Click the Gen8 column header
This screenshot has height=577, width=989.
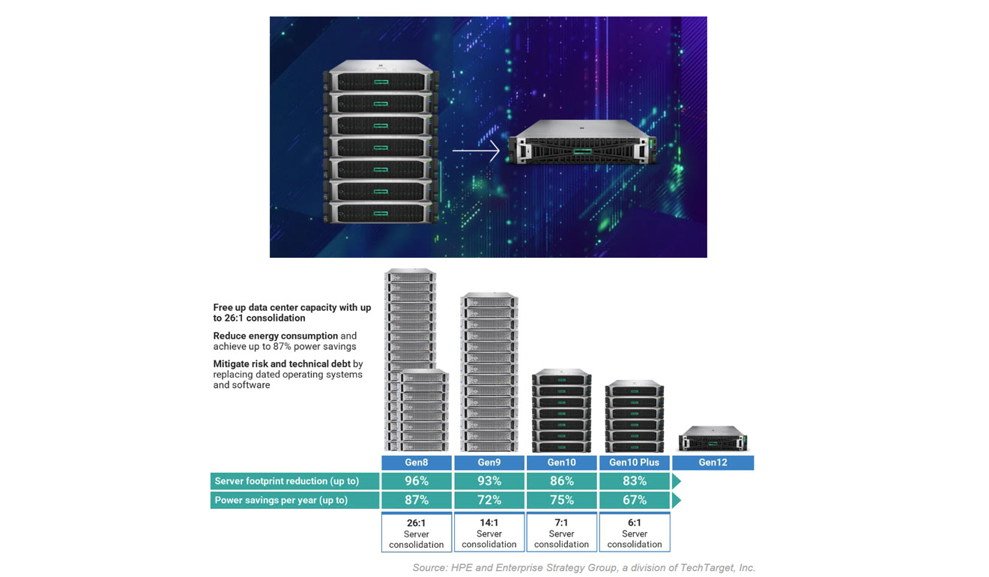[x=417, y=462]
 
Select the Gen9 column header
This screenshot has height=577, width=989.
[x=489, y=462]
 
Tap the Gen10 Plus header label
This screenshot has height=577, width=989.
[x=635, y=462]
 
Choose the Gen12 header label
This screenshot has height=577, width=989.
[x=713, y=462]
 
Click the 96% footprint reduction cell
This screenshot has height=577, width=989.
[x=417, y=481]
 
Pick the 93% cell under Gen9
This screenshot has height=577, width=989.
[x=489, y=481]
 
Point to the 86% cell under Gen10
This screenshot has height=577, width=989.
[x=562, y=481]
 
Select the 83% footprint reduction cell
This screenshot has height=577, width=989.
[x=635, y=481]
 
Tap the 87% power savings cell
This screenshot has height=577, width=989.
[x=417, y=500]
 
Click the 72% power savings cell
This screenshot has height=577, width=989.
[x=489, y=500]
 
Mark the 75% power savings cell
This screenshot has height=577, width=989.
[x=562, y=500]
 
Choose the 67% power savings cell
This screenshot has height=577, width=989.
[x=635, y=500]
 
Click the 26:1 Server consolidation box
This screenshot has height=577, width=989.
[x=417, y=533]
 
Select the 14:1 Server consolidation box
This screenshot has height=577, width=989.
[x=489, y=533]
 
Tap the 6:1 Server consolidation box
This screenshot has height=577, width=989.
[x=635, y=533]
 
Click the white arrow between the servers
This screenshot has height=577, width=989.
[x=476, y=152]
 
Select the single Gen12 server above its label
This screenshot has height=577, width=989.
[x=713, y=438]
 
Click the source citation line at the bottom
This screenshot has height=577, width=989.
[x=584, y=567]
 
